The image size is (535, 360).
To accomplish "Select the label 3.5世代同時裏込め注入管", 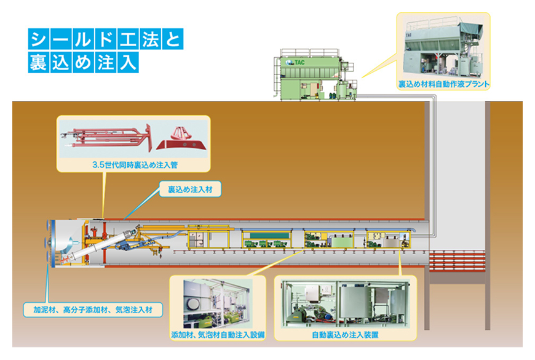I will tap(132, 165).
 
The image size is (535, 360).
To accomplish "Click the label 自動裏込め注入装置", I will tap(345, 335).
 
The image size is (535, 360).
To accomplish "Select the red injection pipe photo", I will tap(106, 137).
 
